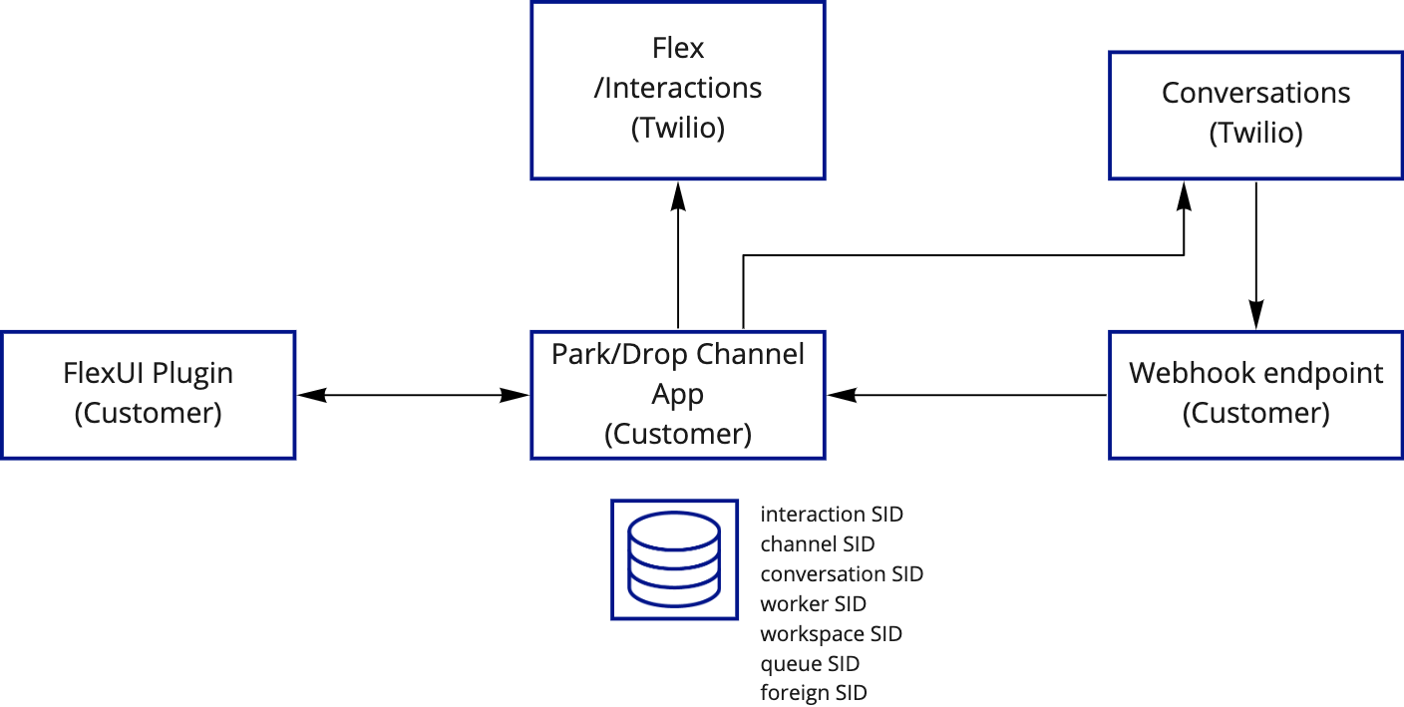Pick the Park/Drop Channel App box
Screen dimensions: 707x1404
click(x=678, y=394)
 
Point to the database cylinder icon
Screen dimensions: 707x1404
click(x=674, y=558)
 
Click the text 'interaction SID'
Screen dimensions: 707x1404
click(x=832, y=515)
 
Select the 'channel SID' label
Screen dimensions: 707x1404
click(x=817, y=544)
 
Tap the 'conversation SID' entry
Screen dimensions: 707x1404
click(x=842, y=574)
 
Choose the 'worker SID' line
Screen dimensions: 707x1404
click(x=813, y=604)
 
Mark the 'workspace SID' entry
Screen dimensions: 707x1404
click(x=831, y=634)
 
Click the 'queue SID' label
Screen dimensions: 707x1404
click(x=810, y=664)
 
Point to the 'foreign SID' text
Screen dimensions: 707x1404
click(x=813, y=693)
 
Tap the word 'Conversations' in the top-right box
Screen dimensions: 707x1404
click(x=1255, y=93)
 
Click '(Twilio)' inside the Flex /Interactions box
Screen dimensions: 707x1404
click(x=678, y=129)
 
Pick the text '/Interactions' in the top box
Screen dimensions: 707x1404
click(x=678, y=88)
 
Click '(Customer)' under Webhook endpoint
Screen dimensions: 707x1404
click(x=1255, y=413)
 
